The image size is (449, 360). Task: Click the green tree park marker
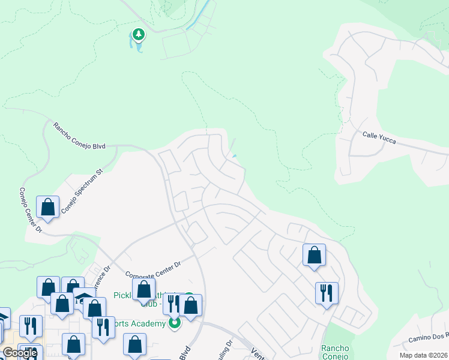[x=139, y=34]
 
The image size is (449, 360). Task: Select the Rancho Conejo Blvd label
[x=79, y=136]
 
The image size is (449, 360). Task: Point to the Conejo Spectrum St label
[x=83, y=184]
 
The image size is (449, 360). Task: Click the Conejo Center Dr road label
[x=30, y=211]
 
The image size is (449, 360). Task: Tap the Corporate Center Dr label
[x=153, y=269]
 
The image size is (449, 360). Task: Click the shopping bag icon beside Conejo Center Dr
[x=47, y=207]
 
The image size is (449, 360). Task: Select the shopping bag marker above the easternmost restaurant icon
[x=314, y=255]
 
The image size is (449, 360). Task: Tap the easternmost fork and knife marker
[x=327, y=293]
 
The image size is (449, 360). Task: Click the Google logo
[x=20, y=353]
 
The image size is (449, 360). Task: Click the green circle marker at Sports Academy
[x=175, y=323]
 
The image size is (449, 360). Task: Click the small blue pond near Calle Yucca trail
[x=234, y=157]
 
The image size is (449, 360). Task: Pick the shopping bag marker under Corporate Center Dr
[x=143, y=290]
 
